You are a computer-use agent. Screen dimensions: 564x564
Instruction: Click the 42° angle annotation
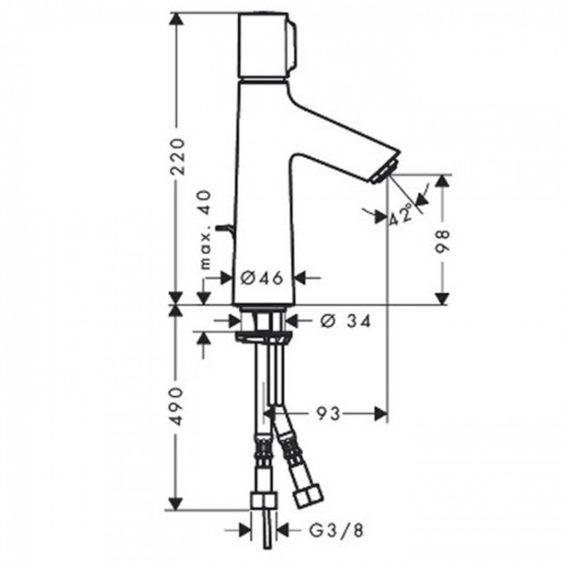point(402,213)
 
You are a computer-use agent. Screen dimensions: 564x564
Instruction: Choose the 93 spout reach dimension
point(327,414)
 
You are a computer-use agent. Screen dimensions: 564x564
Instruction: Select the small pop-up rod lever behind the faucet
point(226,230)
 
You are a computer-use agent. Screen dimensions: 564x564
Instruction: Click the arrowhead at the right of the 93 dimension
point(378,414)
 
